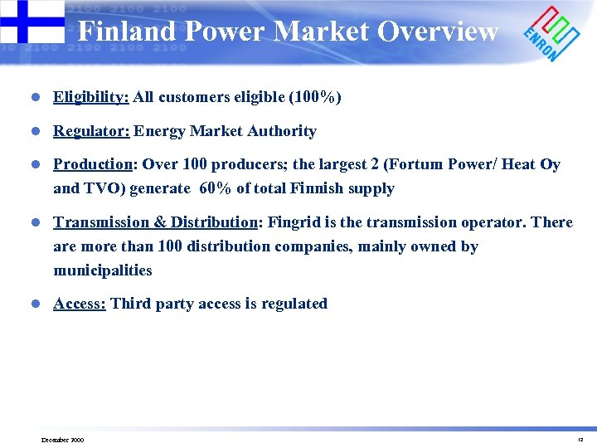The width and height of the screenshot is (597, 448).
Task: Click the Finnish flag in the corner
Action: point(32,22)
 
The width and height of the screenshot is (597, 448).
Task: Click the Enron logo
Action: point(551,34)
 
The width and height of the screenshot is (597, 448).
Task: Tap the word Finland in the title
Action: point(127,32)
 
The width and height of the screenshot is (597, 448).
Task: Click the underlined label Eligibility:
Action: point(90,97)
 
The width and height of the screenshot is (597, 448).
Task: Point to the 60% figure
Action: point(216,188)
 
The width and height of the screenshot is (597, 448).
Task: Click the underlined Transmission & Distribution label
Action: point(155,222)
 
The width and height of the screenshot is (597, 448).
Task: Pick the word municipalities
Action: point(103,270)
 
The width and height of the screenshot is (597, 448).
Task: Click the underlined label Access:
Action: point(79,304)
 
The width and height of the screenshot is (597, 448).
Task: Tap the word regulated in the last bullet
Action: point(294,304)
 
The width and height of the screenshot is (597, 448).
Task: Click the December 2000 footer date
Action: point(62,440)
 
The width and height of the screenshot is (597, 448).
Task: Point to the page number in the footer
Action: point(580,440)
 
